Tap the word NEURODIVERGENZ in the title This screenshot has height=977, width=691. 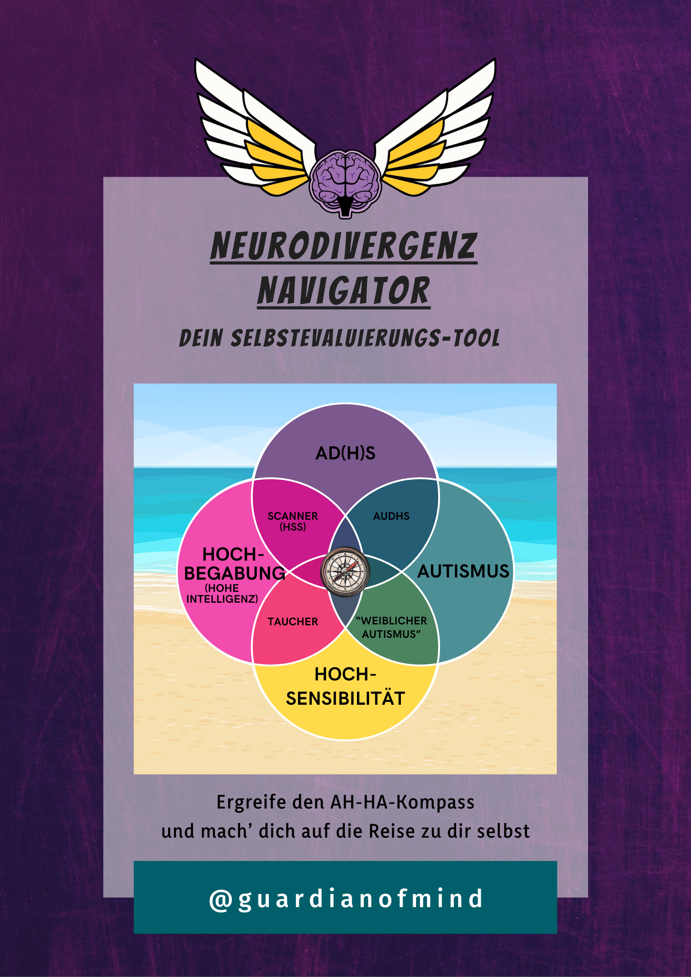click(344, 246)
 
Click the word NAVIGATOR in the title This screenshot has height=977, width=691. click(344, 290)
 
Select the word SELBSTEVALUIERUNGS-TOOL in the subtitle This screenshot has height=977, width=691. click(365, 338)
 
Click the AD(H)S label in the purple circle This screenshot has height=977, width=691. click(345, 453)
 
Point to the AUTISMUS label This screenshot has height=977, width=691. click(463, 571)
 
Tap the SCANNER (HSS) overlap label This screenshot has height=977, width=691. click(293, 521)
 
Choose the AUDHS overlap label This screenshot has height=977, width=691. click(391, 516)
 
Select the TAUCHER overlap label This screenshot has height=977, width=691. click(293, 621)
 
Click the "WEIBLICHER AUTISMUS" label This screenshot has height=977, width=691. click(391, 627)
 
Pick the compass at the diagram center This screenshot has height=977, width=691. click(345, 572)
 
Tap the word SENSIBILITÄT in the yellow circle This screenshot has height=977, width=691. click(345, 699)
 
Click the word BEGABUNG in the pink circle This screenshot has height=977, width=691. click(235, 574)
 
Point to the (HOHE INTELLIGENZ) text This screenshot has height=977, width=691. click(222, 594)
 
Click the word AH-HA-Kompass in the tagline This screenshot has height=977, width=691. click(403, 802)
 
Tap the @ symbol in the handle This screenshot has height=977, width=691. click(221, 899)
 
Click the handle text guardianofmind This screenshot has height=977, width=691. click(360, 899)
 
